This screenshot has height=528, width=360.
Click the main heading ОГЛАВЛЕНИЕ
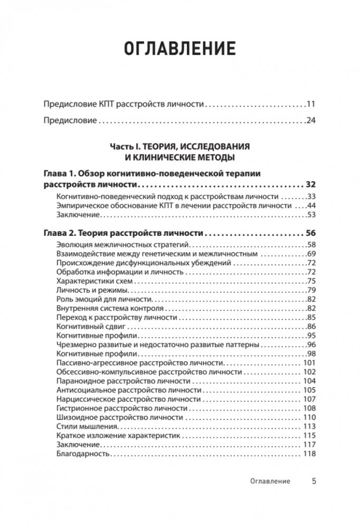point(179,49)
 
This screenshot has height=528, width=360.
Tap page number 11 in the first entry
point(310,104)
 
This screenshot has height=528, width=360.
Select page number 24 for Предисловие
point(310,121)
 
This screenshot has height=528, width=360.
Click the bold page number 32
point(310,185)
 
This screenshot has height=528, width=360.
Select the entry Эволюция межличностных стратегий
point(122,245)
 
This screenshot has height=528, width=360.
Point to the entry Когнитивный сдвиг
point(88,327)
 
